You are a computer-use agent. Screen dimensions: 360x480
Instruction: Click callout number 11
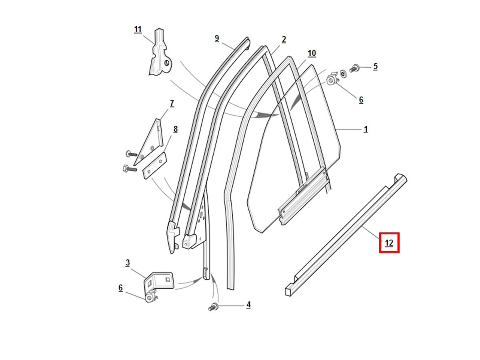(138, 29)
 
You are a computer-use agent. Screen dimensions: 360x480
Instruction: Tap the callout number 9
(217, 38)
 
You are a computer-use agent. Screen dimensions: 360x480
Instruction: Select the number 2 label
(284, 39)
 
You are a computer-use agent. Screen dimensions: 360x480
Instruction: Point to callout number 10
(312, 53)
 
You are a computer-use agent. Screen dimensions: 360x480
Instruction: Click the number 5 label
(375, 66)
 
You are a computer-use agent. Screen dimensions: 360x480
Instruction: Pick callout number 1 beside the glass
(366, 129)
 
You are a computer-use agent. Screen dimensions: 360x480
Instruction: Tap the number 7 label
(172, 103)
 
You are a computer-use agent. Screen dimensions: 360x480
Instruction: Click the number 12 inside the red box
(389, 242)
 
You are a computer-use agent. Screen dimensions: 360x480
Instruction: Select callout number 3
(127, 262)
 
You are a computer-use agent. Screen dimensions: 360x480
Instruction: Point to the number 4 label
(248, 305)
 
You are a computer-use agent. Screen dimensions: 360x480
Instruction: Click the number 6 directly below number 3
(120, 288)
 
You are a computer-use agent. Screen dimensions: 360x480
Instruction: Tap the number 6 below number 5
(361, 100)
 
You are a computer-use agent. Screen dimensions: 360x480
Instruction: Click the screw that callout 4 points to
(213, 307)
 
